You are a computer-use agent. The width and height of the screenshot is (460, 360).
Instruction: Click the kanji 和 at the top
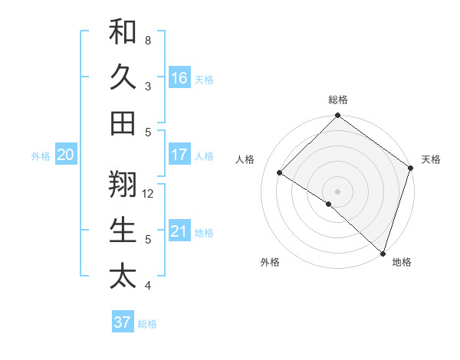123,32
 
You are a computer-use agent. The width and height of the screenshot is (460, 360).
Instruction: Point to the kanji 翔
123,183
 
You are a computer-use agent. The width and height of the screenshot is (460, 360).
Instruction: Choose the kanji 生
123,230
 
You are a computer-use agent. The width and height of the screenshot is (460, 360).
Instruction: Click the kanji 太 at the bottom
123,275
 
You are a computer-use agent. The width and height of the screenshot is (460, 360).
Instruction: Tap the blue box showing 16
179,77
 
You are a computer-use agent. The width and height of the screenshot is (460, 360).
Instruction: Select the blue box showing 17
179,155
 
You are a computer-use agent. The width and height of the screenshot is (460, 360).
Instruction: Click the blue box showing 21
179,231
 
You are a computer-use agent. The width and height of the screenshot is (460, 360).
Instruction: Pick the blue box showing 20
65,155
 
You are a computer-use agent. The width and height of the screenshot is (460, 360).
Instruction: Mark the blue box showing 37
122,322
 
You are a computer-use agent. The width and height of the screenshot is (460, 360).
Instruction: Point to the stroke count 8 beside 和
148,41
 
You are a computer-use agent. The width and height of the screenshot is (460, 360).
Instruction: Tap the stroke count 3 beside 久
148,87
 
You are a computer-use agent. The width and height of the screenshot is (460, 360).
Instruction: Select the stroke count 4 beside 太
148,286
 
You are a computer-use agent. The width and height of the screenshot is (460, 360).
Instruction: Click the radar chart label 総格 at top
338,100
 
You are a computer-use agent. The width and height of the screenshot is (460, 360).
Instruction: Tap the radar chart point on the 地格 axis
383,253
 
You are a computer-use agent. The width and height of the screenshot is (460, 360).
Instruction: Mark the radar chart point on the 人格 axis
280,172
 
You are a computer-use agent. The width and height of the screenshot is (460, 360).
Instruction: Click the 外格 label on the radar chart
270,262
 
